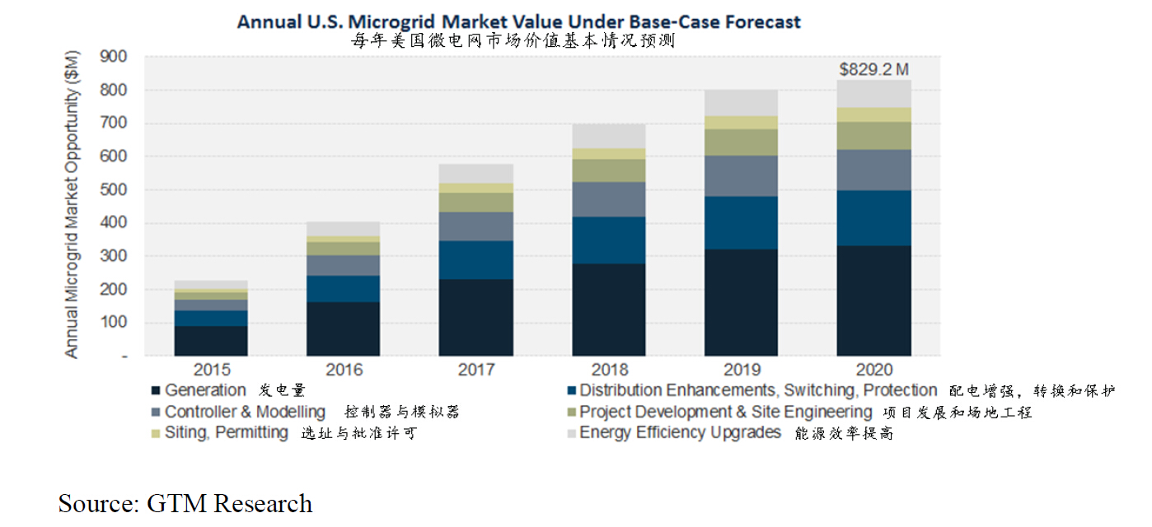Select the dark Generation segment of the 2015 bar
tap(210, 341)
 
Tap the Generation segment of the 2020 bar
tap(873, 301)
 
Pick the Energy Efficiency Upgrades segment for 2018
tap(609, 136)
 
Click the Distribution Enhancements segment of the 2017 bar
tap(475, 260)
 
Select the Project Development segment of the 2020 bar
tap(873, 136)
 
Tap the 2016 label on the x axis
tap(344, 370)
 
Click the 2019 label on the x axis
tap(741, 370)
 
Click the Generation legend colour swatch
tap(155, 390)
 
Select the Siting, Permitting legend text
tap(226, 432)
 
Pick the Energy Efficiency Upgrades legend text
tap(680, 432)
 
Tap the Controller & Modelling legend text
tap(245, 412)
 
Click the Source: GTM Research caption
tap(185, 503)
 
